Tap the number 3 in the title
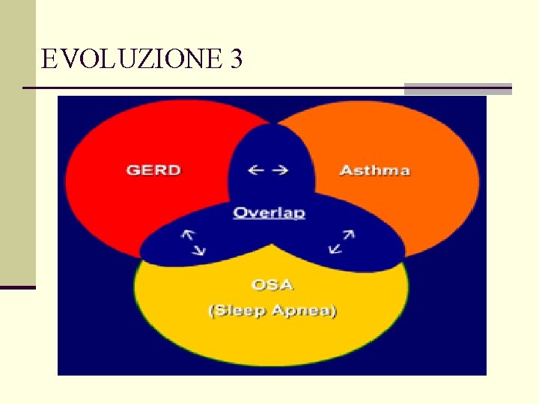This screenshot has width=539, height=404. pyautogui.click(x=237, y=59)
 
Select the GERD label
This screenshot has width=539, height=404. pyautogui.click(x=153, y=170)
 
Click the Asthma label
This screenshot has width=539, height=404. pyautogui.click(x=374, y=170)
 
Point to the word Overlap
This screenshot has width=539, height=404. pyautogui.click(x=269, y=212)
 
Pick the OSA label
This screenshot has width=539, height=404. pyautogui.click(x=272, y=284)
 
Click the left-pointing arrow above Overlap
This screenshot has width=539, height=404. pyautogui.click(x=257, y=170)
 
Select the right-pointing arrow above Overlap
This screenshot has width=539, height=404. pyautogui.click(x=280, y=170)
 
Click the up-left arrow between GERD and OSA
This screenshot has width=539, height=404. pyautogui.click(x=186, y=234)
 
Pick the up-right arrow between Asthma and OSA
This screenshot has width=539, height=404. pyautogui.click(x=347, y=234)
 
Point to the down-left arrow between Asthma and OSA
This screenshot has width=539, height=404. pyautogui.click(x=335, y=248)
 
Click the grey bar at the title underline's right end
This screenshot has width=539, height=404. pyautogui.click(x=457, y=88)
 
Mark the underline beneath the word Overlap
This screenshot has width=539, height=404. pyautogui.click(x=269, y=218)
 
